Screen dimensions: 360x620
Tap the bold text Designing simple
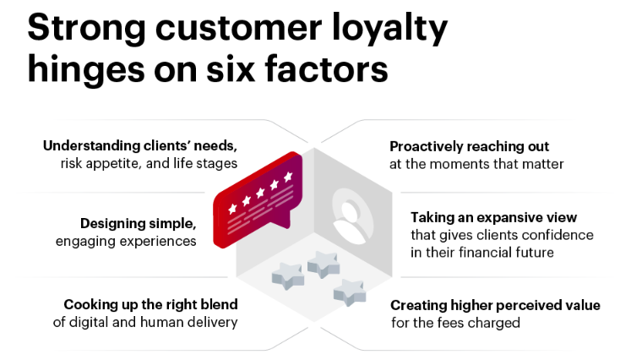click(x=138, y=224)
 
